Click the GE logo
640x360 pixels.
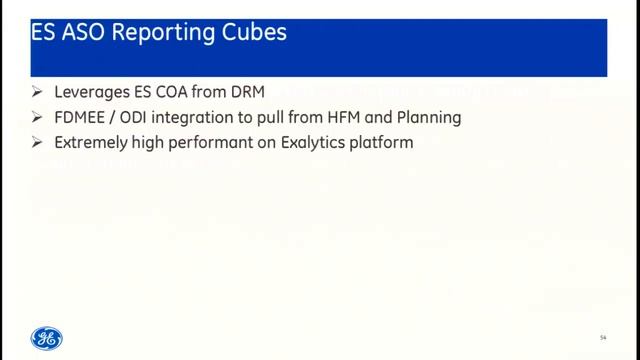pos(46,338)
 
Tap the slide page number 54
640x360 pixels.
pos(603,336)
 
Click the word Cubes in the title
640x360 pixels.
pos(253,33)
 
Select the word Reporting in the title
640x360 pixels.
pos(166,33)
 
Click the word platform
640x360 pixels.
pos(385,144)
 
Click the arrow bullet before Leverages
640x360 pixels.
pos(38,93)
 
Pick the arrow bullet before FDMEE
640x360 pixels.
pos(38,118)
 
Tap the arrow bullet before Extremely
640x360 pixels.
pos(38,143)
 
